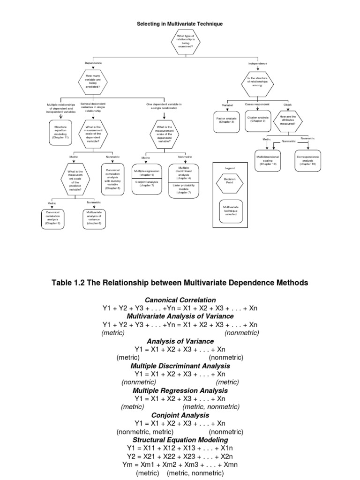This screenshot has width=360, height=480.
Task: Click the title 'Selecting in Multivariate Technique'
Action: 180,23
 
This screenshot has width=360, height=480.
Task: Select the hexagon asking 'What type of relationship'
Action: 186,41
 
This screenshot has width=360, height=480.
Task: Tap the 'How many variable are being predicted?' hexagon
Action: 93,81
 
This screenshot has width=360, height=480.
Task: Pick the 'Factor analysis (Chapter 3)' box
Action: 226,120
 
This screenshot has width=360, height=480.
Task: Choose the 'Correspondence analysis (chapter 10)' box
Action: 308,160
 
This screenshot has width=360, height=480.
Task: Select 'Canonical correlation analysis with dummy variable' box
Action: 113,179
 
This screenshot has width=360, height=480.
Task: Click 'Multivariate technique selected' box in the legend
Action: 230,210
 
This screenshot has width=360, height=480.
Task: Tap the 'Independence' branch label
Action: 258,63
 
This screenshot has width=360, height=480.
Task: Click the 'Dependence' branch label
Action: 93,63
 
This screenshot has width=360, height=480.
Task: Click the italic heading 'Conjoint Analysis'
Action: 180,415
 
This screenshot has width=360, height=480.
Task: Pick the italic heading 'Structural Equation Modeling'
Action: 180,440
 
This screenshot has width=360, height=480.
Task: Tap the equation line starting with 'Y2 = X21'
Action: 180,456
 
